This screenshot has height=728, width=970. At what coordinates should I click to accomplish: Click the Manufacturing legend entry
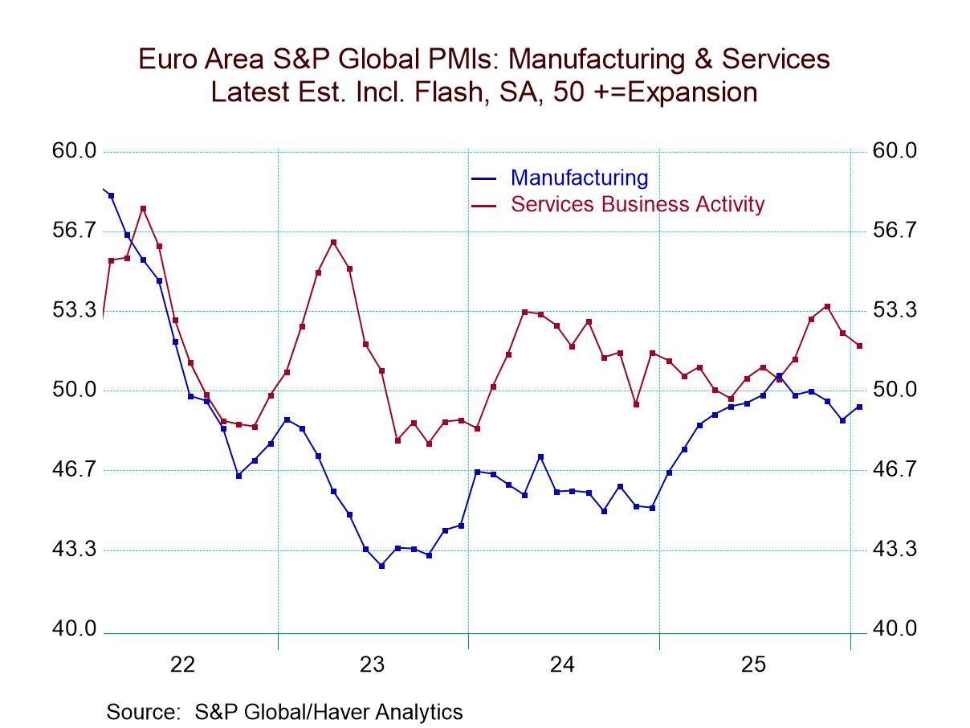tap(578, 178)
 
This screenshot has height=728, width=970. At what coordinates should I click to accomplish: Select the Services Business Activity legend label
tap(638, 204)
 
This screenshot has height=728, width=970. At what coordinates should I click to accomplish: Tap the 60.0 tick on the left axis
tap(74, 151)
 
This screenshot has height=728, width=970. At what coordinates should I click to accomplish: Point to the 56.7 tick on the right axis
tap(894, 231)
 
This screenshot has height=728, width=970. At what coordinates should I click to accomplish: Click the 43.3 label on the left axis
tap(74, 550)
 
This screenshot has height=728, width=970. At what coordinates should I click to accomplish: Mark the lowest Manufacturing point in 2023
tap(381, 566)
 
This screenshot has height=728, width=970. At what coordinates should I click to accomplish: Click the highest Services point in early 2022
tap(143, 209)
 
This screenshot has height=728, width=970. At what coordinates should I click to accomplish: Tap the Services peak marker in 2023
tap(333, 242)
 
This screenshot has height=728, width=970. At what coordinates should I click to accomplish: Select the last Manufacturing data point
tap(859, 407)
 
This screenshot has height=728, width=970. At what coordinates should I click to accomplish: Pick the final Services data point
tap(859, 346)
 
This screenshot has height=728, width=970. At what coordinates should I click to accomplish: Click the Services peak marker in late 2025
tap(827, 306)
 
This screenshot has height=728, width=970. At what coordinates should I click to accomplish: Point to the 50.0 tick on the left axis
tap(74, 391)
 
